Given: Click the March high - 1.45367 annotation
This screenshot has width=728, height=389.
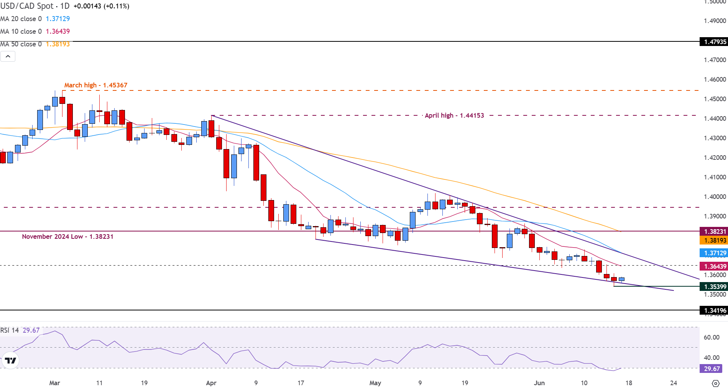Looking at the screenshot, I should [x=95, y=85].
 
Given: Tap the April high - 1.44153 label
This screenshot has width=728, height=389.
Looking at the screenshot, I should [x=454, y=115].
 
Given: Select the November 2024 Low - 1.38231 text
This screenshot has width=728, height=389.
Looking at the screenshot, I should [x=67, y=236].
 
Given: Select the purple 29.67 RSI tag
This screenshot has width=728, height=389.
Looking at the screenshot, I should [x=712, y=369].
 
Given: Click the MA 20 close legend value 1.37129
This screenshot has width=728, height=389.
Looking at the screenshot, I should [x=58, y=19].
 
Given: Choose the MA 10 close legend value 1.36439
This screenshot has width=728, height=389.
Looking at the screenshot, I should [x=58, y=31].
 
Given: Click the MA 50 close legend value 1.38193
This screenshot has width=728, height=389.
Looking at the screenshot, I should [x=58, y=44].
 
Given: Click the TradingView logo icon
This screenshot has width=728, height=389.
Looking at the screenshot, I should [x=10, y=360].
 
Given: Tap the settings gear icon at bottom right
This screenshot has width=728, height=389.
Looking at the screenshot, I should [x=715, y=383].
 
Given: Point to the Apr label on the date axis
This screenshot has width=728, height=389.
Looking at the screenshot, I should [x=211, y=383].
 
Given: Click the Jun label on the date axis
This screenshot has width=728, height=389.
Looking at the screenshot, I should [x=539, y=383].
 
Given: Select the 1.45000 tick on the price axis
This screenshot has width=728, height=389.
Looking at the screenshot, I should [x=715, y=99].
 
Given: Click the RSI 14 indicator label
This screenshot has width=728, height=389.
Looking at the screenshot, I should [x=10, y=330].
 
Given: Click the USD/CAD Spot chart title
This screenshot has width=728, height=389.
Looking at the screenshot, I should [x=27, y=6].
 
